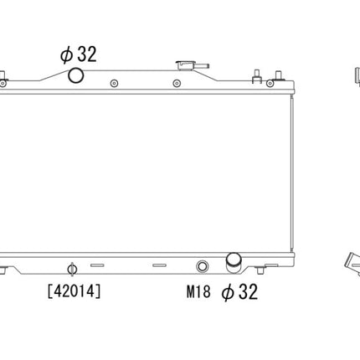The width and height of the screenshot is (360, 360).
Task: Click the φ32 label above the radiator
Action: [78, 54]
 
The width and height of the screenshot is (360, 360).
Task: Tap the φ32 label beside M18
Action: [239, 292]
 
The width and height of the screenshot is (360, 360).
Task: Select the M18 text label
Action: [198, 292]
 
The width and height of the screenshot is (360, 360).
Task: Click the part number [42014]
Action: [75, 291]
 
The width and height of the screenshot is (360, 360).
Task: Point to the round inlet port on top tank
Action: [76, 76]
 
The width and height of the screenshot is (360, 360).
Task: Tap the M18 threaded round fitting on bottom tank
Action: [202, 268]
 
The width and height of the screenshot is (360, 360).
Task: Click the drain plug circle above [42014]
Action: [71, 269]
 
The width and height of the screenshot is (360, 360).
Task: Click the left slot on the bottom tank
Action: [96, 266]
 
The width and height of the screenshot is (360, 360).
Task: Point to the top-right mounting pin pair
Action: [266, 79]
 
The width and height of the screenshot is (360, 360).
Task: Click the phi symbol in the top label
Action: [65, 55]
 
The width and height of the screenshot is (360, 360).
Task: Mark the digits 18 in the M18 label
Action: [203, 292]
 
